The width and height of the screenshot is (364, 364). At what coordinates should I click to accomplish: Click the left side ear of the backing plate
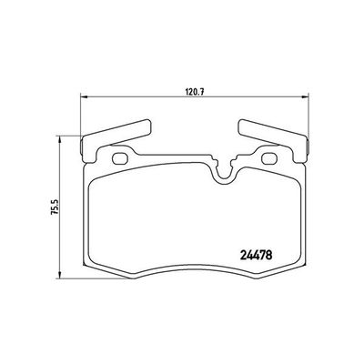85,145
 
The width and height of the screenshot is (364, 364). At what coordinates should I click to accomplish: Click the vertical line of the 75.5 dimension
61,218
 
